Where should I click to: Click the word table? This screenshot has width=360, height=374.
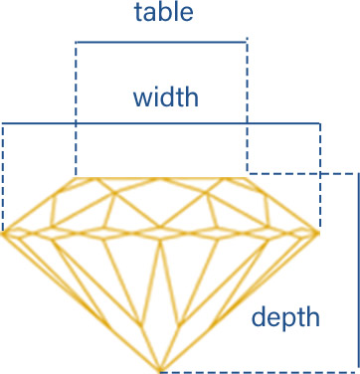pyautogui.click(x=164, y=13)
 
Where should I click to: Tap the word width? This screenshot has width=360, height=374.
pyautogui.click(x=165, y=97)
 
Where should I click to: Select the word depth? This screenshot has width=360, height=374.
pyautogui.click(x=285, y=317)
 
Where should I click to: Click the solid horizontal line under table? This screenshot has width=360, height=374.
pyautogui.click(x=161, y=42)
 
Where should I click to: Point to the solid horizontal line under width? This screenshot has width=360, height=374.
pyautogui.click(x=161, y=123)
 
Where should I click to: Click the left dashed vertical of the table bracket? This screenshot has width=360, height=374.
pyautogui.click(x=76, y=109)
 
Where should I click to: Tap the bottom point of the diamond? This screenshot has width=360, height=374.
pyautogui.click(x=161, y=371)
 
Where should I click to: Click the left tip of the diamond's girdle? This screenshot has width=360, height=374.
pyautogui.click(x=4, y=235)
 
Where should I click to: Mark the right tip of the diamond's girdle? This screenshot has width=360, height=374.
pyautogui.click(x=317, y=233)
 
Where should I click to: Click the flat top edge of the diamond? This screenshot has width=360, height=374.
pyautogui.click(x=161, y=178)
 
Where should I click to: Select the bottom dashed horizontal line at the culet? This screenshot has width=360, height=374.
pyautogui.click(x=259, y=371)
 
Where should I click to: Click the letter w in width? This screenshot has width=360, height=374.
pyautogui.click(x=141, y=98)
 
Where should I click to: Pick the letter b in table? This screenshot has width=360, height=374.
pyautogui.click(x=165, y=13)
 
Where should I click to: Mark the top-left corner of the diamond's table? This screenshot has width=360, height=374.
pyautogui.click(x=77, y=178)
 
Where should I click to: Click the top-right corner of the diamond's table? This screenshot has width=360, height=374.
pyautogui.click(x=247, y=178)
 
